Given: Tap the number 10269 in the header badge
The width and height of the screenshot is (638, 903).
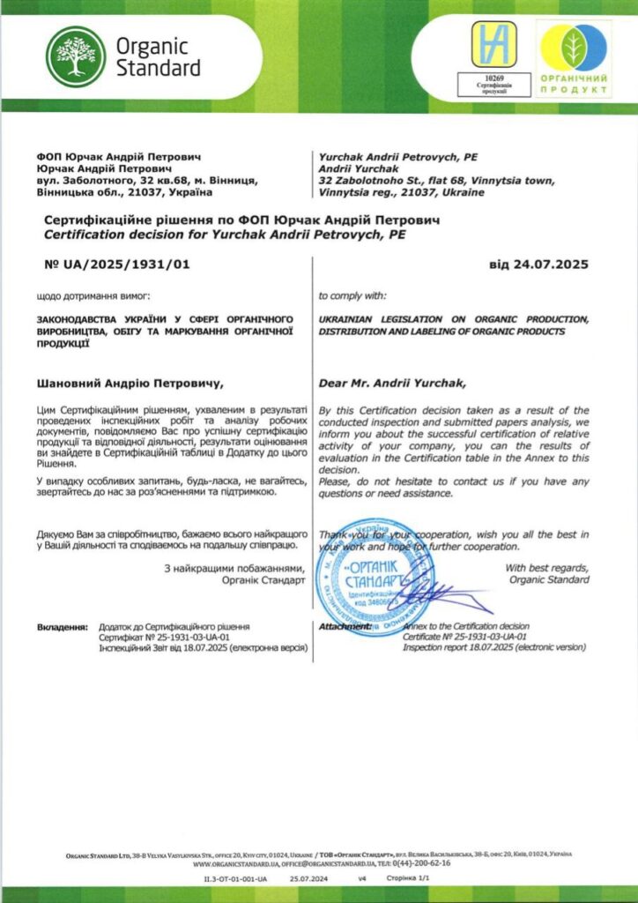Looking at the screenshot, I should tap(493, 77).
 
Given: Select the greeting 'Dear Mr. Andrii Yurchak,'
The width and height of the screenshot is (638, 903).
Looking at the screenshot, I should tap(391, 384).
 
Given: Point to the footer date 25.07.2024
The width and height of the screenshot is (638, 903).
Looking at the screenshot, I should tap(308, 880).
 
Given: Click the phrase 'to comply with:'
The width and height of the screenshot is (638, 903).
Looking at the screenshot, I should tap(352, 295).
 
